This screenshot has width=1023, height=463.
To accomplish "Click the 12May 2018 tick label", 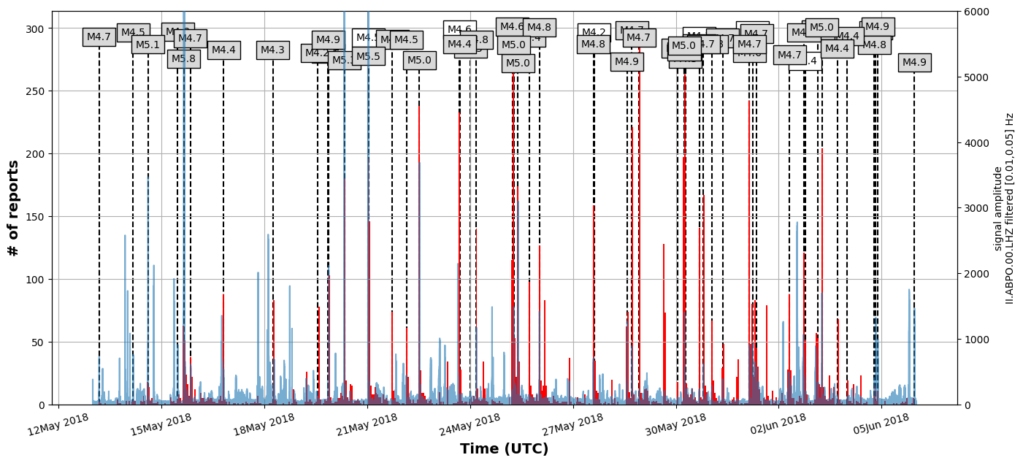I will coord(58,424).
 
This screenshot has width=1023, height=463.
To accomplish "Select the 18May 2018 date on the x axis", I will coord(264,424).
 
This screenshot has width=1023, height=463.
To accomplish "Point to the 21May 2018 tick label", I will coord(367,424).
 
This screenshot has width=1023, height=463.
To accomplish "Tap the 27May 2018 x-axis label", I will coord(573,424).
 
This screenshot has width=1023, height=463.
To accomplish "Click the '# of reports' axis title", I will coord(13,208).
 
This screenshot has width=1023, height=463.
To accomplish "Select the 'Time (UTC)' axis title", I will coord(504,449).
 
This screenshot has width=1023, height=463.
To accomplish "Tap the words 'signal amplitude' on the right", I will coord(998,208).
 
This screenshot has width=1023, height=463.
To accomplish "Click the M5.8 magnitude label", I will coord(183,59).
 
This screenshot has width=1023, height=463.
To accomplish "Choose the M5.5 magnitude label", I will coord(368,56).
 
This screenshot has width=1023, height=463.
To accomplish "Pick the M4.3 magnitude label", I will coord(272,50).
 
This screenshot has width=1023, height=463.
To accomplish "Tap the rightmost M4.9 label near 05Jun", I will coord(914,63).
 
